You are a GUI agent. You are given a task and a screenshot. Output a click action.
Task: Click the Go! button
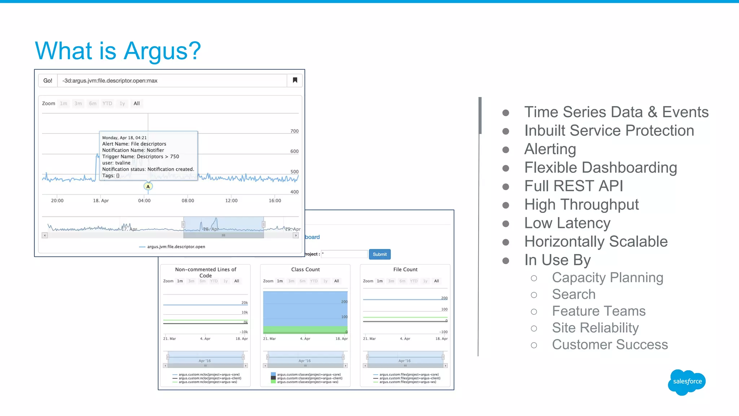click(x=48, y=80)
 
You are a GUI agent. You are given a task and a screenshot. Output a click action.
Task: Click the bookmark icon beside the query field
click(x=295, y=80)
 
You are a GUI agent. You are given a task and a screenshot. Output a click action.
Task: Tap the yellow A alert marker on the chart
click(x=148, y=187)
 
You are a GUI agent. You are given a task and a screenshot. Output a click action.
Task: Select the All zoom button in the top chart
click(x=136, y=104)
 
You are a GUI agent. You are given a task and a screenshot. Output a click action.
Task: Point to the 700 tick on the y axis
click(x=294, y=131)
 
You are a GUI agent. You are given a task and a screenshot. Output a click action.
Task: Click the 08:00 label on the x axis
click(x=188, y=201)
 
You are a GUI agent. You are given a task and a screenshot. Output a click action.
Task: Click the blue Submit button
click(x=380, y=254)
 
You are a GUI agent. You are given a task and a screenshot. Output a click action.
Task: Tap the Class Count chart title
click(x=305, y=270)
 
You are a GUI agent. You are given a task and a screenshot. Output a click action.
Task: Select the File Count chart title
click(x=405, y=270)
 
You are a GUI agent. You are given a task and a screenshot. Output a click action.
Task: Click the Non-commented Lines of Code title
click(x=205, y=272)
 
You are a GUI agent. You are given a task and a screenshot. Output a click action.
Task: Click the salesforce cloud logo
click(x=687, y=382)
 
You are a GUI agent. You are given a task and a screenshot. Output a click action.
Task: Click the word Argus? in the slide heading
click(x=162, y=51)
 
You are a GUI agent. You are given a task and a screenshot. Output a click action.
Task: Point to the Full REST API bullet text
click(x=573, y=186)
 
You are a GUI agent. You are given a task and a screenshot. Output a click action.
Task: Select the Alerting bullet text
click(x=550, y=149)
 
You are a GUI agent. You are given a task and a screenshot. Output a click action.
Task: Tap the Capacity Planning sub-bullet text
click(x=607, y=277)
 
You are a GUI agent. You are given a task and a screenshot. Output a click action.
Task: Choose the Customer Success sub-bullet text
click(x=610, y=345)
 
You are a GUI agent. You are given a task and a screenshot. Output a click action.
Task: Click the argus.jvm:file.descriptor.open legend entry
click(x=176, y=247)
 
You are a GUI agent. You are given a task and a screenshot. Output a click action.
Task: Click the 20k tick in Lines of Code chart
click(x=244, y=303)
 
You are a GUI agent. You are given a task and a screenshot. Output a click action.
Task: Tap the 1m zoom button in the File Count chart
click(x=380, y=281)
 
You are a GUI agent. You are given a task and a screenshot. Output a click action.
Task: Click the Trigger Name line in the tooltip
click(x=140, y=157)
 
